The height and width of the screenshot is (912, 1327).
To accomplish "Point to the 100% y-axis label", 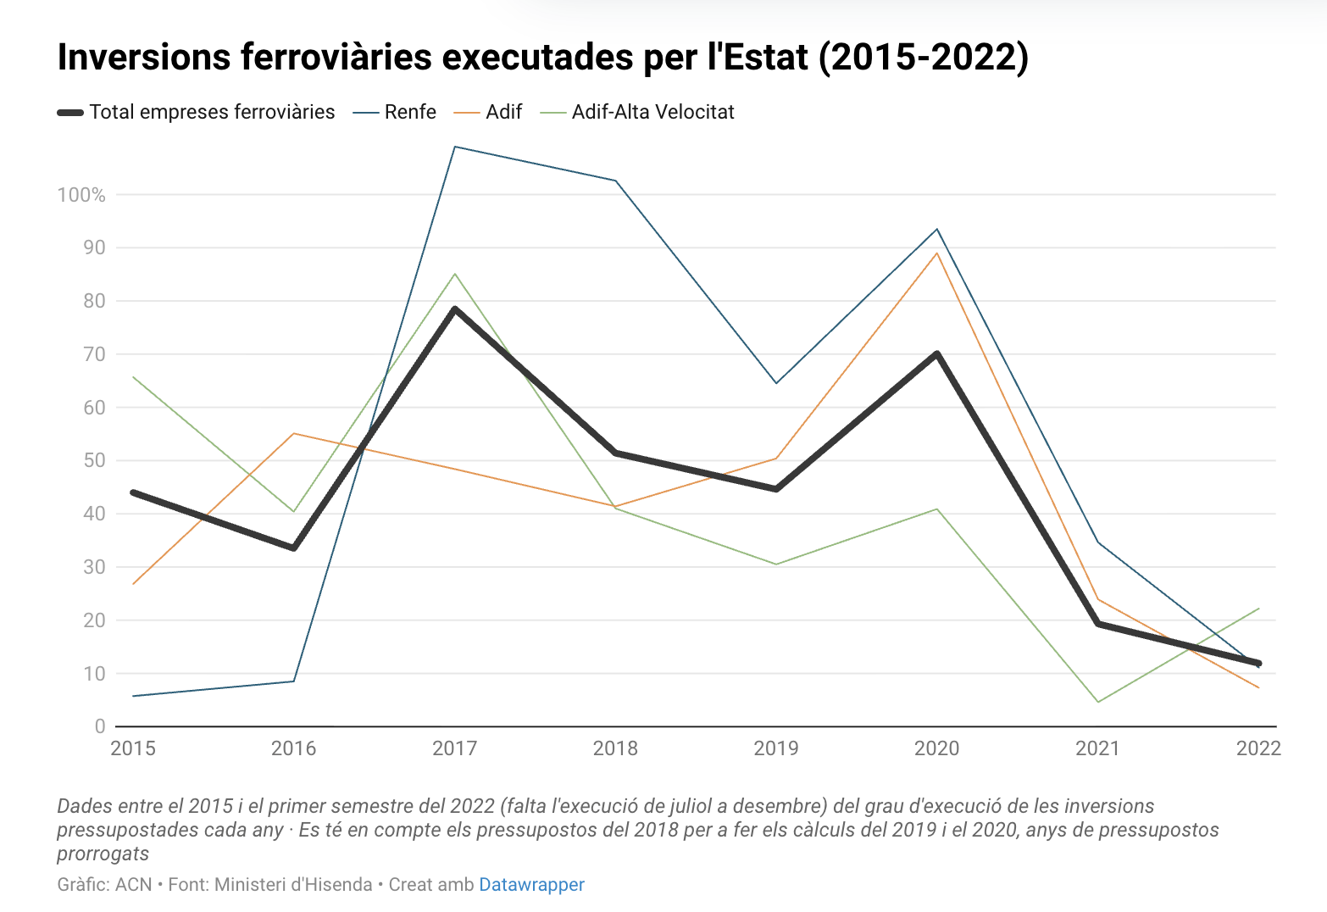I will (x=81, y=195).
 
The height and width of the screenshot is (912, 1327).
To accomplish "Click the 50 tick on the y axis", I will (x=94, y=460).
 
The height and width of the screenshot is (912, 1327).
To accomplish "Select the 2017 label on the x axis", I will (x=454, y=748).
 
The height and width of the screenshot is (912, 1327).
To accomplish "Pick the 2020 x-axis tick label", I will (x=936, y=748).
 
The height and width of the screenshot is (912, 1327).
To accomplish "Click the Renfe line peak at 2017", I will (x=455, y=147).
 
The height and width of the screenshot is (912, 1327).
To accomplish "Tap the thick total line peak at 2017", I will (x=455, y=309).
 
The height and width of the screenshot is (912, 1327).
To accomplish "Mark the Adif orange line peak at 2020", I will (x=937, y=253).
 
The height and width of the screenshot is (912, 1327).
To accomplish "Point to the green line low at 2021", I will (x=1098, y=702).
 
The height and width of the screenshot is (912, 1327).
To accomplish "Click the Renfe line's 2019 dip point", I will (x=776, y=383).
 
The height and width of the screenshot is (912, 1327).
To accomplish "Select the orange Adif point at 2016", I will (x=294, y=433).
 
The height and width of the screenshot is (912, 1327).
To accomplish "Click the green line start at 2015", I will (x=134, y=377).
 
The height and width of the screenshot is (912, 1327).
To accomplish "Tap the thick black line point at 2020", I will (x=937, y=353).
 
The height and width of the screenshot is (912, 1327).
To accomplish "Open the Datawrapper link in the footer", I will (x=531, y=885).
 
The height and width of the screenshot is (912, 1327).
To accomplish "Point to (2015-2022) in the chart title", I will (x=924, y=57).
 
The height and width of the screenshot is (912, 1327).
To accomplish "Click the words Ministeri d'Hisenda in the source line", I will (x=293, y=885).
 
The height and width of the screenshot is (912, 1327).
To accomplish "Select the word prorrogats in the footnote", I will (x=103, y=854).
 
